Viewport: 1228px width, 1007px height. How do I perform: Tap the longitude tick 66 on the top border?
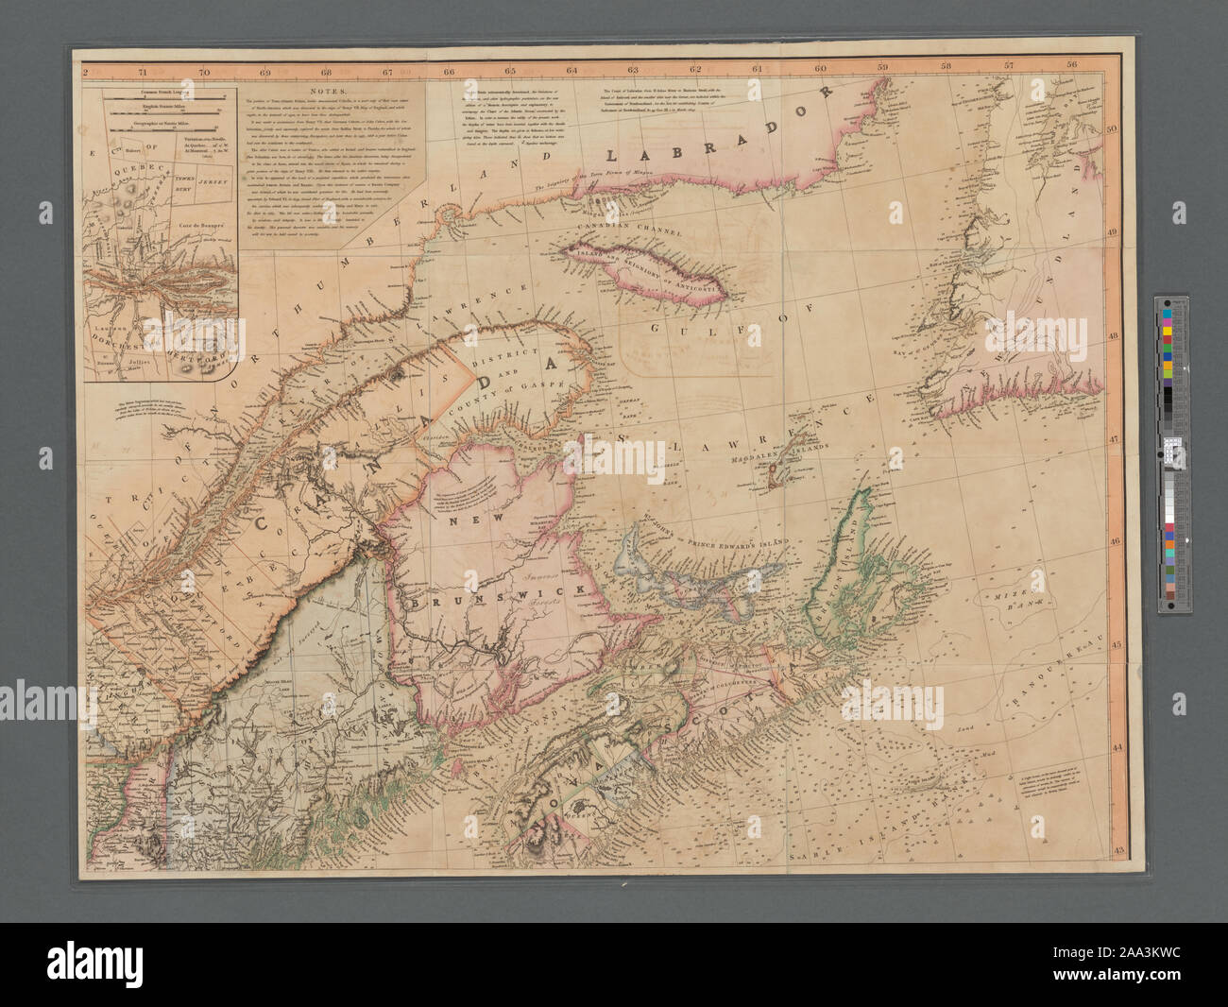point(449,69)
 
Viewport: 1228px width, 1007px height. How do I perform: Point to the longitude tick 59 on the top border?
point(882,67)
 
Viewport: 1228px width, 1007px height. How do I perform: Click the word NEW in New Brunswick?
point(467,521)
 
